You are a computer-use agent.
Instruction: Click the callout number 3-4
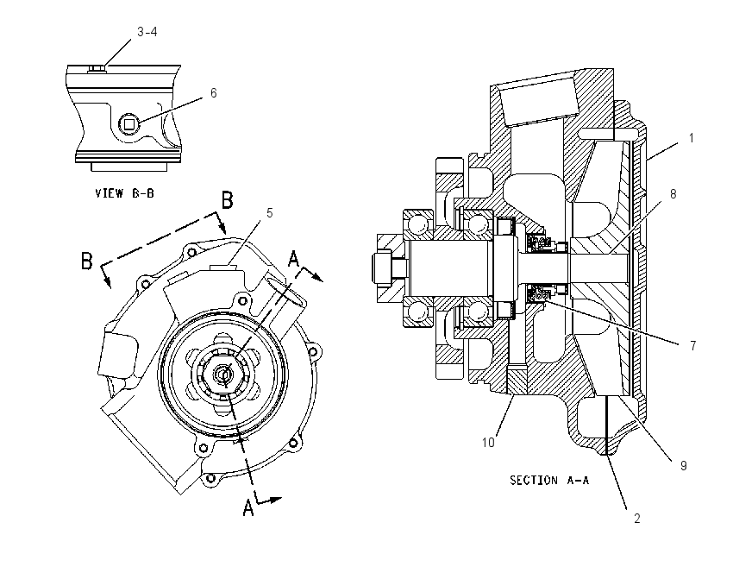click(147, 32)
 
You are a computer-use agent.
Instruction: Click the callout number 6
click(214, 93)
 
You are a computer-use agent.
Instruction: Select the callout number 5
click(269, 213)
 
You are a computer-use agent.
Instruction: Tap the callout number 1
click(691, 138)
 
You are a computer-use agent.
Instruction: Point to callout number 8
click(673, 193)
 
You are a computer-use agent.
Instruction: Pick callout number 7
click(693, 346)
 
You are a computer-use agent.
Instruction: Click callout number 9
click(684, 465)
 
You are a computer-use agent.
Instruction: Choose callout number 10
click(488, 442)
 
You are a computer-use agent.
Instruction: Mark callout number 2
click(636, 519)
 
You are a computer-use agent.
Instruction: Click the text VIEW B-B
click(124, 193)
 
